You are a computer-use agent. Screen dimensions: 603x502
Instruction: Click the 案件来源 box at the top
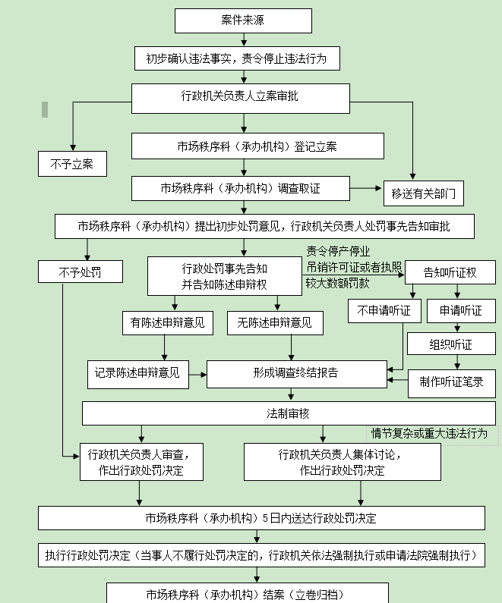point(243,20)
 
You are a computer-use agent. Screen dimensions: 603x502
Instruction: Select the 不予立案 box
point(72,163)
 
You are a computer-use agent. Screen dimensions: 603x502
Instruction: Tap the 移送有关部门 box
point(423,193)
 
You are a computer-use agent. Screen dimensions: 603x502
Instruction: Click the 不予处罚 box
point(80,271)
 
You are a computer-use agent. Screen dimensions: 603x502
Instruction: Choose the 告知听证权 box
point(450,272)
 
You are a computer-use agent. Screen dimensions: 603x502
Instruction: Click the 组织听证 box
point(451,344)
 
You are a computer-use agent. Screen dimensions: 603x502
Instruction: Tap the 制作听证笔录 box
point(451,382)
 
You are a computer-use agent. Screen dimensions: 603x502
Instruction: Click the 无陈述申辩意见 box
point(274,322)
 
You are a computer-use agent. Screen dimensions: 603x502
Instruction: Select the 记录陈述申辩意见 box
point(137,372)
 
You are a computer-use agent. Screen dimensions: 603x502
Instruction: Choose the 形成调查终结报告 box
point(296,373)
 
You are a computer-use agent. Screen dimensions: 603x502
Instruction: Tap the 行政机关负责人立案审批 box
point(241,97)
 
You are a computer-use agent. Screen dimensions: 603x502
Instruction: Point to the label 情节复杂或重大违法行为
point(429,434)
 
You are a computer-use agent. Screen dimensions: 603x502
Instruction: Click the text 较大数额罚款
point(338,283)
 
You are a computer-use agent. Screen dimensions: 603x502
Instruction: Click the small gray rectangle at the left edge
point(45,109)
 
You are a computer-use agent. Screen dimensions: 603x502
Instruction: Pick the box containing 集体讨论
point(342,462)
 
